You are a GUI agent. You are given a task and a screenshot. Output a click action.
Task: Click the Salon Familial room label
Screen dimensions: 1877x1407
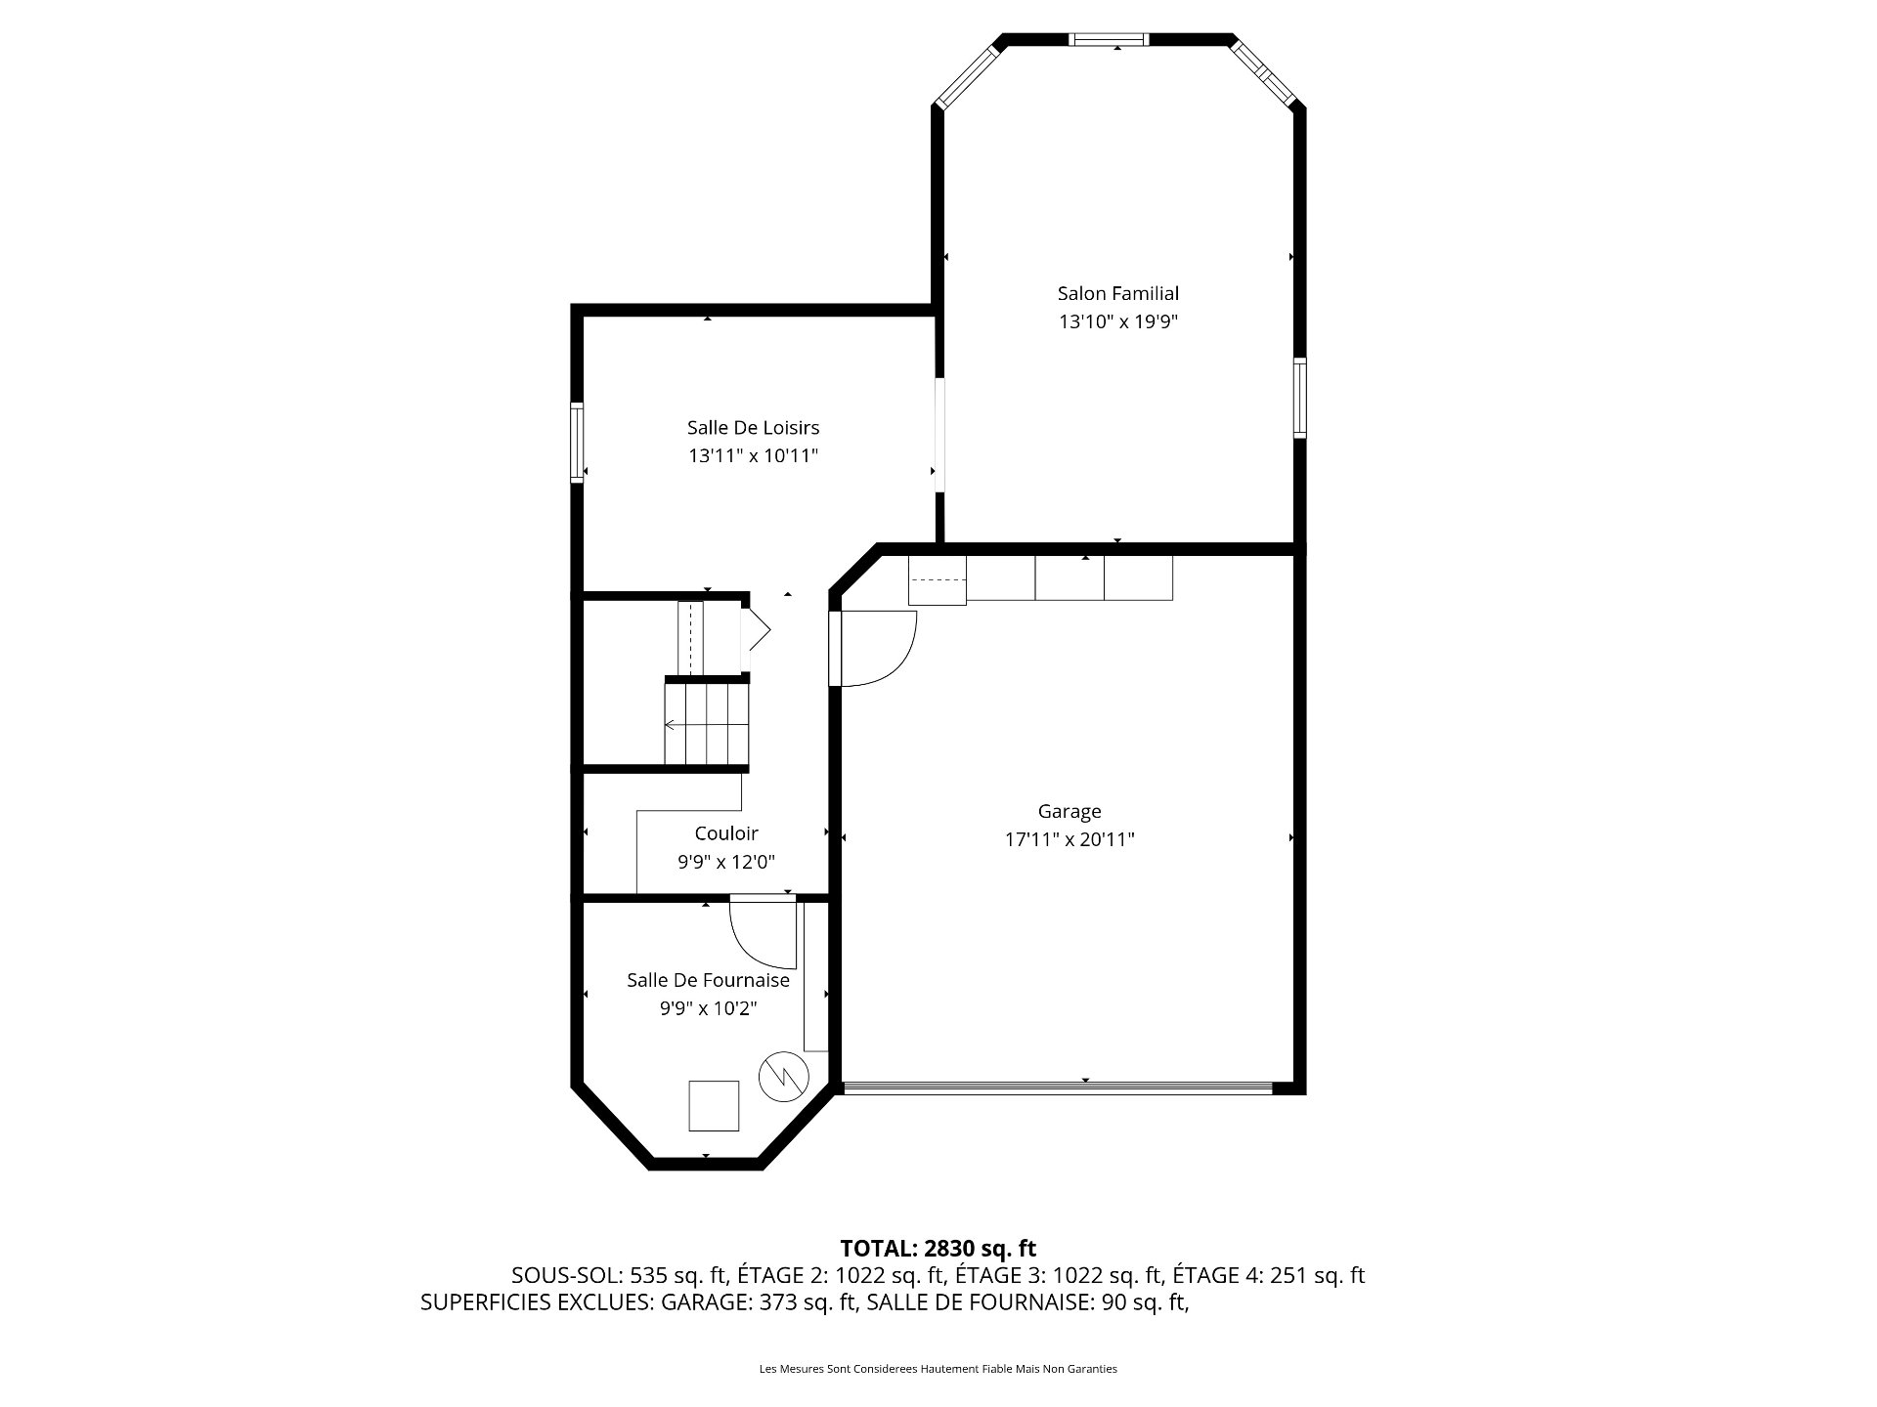tap(1118, 293)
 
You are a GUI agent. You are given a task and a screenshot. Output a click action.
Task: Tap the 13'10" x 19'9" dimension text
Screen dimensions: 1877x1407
tap(1118, 321)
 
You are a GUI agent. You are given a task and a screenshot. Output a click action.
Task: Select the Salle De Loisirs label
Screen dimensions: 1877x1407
tap(753, 427)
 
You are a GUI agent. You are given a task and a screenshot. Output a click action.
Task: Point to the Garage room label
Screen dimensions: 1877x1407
tap(1069, 811)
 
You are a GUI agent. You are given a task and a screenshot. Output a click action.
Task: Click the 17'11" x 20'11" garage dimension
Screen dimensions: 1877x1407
tap(1069, 839)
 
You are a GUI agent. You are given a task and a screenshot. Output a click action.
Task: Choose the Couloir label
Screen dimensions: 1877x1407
tap(726, 833)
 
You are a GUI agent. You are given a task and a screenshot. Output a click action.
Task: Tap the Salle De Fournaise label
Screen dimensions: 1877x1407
tap(708, 980)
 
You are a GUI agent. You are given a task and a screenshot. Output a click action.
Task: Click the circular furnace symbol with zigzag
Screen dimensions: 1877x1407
tap(785, 1077)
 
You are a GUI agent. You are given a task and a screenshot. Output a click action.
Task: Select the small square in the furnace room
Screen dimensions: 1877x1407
tap(714, 1106)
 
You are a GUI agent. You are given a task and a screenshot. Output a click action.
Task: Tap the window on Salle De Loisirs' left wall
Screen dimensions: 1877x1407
tap(577, 443)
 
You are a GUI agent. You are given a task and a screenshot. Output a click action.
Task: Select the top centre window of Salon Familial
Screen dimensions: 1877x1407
tap(1108, 40)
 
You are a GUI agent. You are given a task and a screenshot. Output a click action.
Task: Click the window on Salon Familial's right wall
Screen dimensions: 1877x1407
tap(1300, 398)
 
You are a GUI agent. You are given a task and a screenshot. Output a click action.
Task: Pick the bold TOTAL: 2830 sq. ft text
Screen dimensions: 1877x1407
tap(938, 1248)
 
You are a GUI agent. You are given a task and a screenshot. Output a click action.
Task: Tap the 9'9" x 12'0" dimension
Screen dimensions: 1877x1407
tap(726, 862)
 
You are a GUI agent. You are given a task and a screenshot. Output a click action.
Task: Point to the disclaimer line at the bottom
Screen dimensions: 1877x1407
tap(938, 1369)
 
